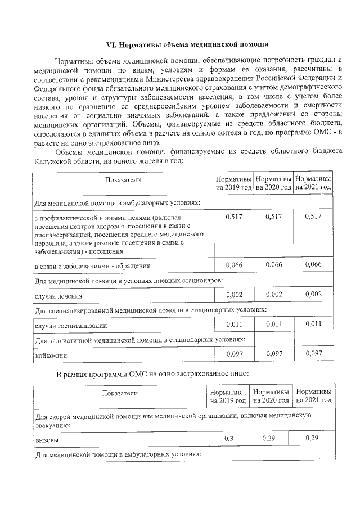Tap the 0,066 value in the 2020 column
(273, 264)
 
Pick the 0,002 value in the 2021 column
(313, 294)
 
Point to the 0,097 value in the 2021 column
(313, 354)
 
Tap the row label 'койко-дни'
(49, 355)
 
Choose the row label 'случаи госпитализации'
(70, 325)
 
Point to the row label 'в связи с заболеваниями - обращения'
(92, 265)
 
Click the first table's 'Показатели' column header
(122, 180)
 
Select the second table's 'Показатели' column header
(120, 394)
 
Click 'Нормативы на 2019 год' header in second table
(228, 396)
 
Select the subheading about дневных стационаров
(129, 280)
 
